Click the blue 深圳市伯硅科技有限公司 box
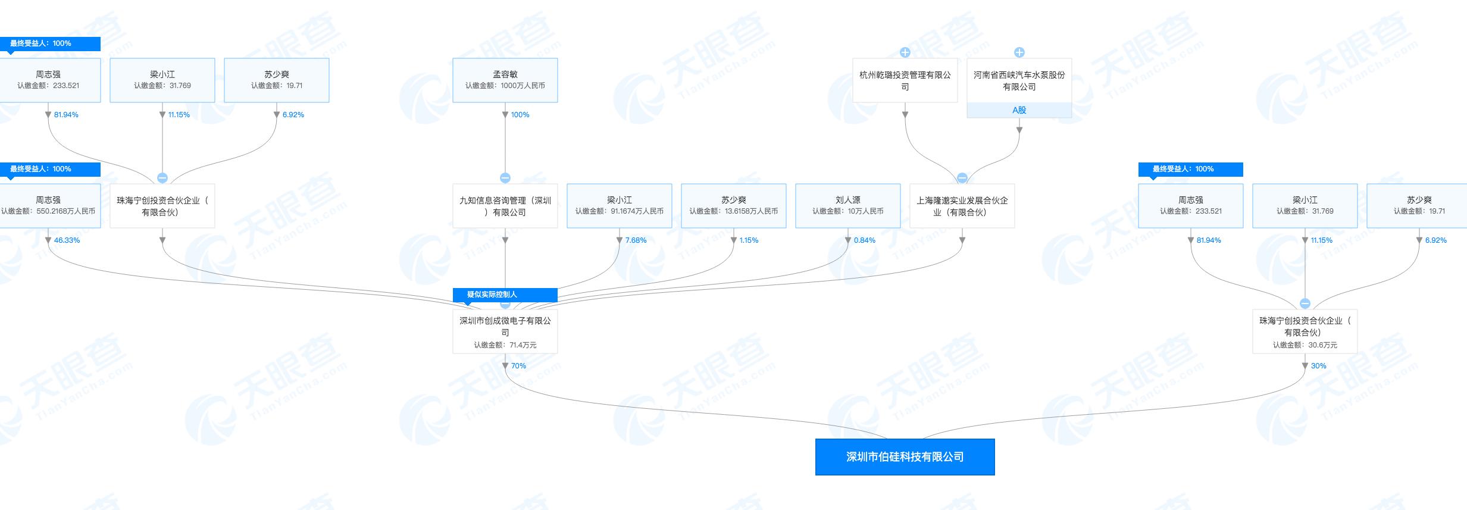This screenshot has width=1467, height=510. (905, 457)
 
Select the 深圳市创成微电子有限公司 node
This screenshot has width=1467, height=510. (505, 331)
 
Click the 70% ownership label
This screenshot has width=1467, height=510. (518, 366)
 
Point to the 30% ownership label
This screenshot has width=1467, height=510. (1318, 366)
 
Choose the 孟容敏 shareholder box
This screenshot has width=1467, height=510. (505, 80)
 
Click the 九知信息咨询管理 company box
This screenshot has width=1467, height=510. (505, 206)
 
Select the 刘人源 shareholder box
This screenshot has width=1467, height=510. (847, 205)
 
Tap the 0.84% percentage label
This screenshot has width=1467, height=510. (864, 240)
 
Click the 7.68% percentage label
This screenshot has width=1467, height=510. (636, 240)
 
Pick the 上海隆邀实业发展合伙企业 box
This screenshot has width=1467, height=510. (962, 206)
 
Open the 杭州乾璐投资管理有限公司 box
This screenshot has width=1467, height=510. (905, 80)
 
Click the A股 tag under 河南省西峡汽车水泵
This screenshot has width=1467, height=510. (1019, 110)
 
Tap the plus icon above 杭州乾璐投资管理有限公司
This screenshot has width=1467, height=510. (905, 52)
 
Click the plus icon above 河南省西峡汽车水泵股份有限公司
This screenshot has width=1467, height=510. (1019, 52)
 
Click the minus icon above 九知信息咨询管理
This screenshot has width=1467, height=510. (505, 178)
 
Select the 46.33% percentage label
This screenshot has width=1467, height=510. (67, 240)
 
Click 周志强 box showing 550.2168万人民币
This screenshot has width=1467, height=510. (48, 205)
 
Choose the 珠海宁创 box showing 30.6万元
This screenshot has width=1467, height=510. (1305, 331)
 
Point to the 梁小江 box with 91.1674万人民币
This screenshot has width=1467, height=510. (619, 205)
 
